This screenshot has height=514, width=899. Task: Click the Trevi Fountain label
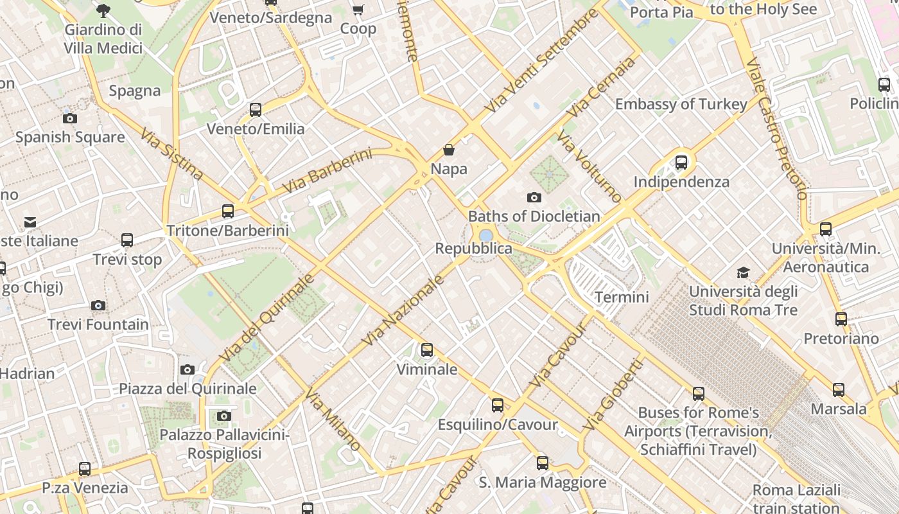[98, 324]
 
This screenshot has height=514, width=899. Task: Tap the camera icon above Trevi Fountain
[98, 305]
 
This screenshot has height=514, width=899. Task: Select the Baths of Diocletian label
[534, 217]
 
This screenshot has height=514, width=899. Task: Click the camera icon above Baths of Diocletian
[534, 197]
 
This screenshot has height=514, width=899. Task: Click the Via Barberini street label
[327, 171]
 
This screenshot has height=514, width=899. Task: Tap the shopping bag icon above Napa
[449, 150]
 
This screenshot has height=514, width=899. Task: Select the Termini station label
[622, 297]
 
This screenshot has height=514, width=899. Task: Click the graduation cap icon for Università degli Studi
[743, 272]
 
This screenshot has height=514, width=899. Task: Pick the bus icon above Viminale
[427, 350]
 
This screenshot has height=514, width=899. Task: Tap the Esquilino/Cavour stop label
[498, 425]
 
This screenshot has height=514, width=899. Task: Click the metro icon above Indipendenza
[681, 163]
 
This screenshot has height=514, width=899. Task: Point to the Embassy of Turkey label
[681, 104]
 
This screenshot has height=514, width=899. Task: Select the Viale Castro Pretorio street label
[776, 128]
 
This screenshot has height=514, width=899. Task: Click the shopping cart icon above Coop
[358, 10]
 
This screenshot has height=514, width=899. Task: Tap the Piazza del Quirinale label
[188, 389]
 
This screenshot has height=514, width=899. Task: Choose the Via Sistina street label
[171, 155]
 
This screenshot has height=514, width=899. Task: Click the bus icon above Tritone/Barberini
[227, 211]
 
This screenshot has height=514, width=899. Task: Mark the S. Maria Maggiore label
[543, 483]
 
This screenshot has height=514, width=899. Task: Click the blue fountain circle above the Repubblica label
[486, 235]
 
